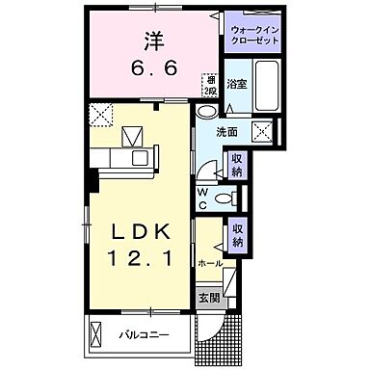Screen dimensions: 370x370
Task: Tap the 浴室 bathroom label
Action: (236, 84)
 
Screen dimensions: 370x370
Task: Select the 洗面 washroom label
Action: (227, 132)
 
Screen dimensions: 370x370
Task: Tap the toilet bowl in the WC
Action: (224, 199)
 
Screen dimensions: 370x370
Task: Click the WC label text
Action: (202, 198)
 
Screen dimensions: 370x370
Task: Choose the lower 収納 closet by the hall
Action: (236, 234)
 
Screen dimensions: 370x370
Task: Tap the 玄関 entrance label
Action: (208, 298)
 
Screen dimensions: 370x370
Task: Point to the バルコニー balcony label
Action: (144, 336)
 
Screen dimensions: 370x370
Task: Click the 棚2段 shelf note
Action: (207, 86)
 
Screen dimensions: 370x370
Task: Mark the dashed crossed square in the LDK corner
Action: (98, 116)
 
